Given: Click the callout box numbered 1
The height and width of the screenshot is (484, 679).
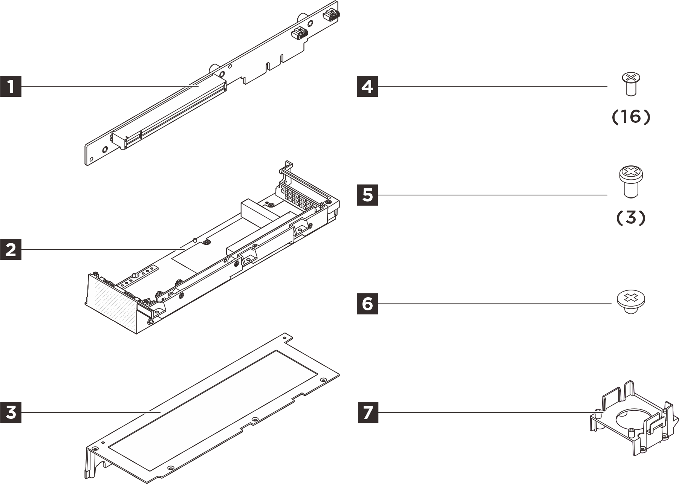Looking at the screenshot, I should (11, 87).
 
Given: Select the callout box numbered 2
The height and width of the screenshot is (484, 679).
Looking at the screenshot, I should (11, 249).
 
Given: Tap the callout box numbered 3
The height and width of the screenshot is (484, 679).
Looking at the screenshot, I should (11, 412).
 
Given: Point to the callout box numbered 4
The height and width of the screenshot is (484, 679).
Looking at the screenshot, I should (367, 87).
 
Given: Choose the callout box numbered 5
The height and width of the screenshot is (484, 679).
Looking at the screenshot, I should (367, 195).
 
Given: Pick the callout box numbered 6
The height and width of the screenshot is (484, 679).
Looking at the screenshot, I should (367, 304).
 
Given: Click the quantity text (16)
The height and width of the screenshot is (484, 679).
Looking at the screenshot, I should (631, 117).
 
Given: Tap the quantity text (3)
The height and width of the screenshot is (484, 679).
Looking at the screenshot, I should (631, 218).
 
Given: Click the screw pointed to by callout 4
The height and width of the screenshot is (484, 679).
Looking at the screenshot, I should (631, 84).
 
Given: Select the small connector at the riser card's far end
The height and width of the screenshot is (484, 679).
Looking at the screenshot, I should (331, 14).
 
